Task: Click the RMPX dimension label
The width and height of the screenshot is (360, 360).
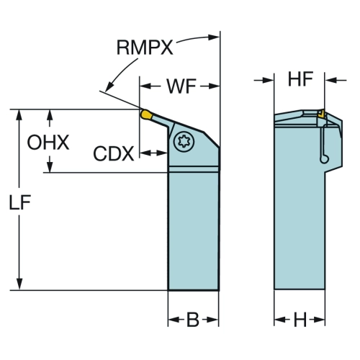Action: click(145, 48)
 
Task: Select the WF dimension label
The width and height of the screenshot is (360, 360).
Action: click(181, 86)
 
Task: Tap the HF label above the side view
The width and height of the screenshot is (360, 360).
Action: click(300, 78)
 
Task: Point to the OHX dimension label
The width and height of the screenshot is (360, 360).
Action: click(48, 143)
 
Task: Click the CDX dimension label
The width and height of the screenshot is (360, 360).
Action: click(114, 154)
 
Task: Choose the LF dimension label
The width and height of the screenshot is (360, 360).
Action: click(20, 202)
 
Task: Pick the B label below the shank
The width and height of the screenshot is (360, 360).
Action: click(193, 320)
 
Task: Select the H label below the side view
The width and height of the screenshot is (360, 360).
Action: click(300, 320)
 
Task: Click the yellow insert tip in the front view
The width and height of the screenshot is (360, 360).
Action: click(146, 114)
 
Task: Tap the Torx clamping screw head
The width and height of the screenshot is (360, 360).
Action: click(184, 141)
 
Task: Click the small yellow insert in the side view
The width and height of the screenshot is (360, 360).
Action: click(321, 114)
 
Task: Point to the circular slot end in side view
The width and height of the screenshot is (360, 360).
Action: click(324, 159)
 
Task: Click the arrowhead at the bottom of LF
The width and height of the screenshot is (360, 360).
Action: click(19, 284)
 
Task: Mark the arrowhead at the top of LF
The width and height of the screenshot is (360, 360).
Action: click(19, 115)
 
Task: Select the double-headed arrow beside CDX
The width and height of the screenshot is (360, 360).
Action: click(153, 153)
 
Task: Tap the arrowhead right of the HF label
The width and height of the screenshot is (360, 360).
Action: click(330, 80)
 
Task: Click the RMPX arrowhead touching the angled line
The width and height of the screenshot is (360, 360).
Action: click(109, 87)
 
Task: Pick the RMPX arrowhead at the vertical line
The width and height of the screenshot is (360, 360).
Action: click(214, 37)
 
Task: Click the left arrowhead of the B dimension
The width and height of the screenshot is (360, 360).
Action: click(174, 320)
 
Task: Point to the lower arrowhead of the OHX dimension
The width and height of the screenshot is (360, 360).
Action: click(50, 166)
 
